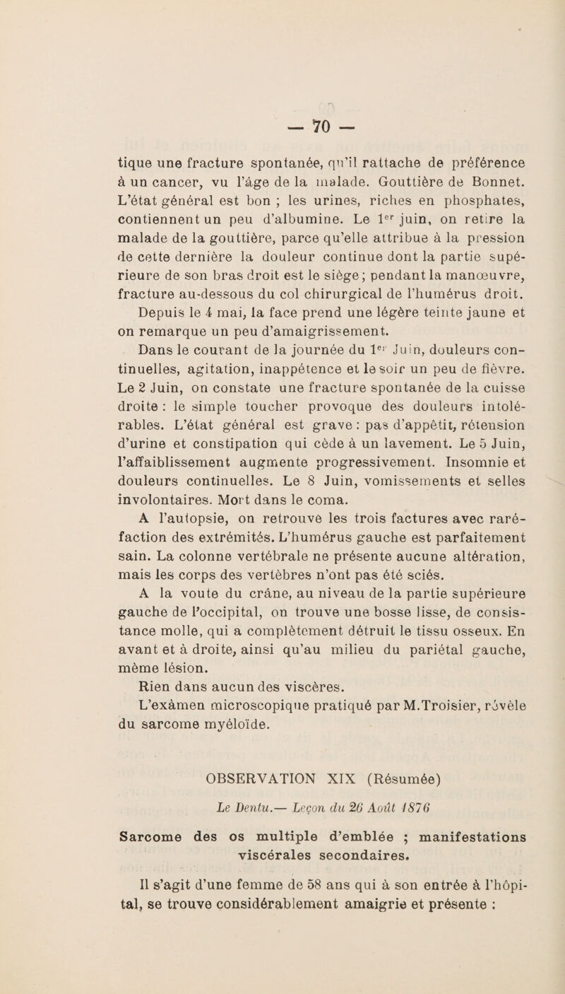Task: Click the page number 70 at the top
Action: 282,91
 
